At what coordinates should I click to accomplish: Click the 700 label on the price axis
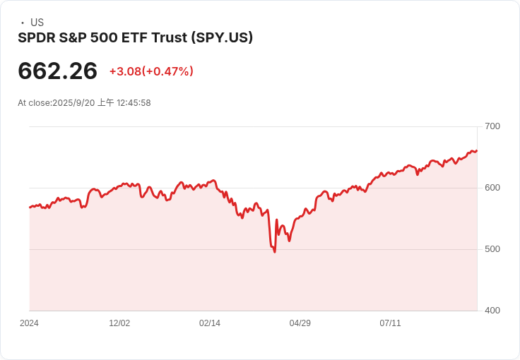pyautogui.click(x=492, y=126)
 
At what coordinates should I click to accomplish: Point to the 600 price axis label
pyautogui.click(x=492, y=188)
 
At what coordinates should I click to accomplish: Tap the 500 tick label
pyautogui.click(x=492, y=249)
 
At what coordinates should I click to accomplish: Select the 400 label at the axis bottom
pyautogui.click(x=492, y=311)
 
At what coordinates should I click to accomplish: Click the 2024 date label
pyautogui.click(x=29, y=323)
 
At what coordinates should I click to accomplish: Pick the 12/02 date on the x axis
pyautogui.click(x=119, y=323)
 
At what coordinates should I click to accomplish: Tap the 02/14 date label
pyautogui.click(x=210, y=323)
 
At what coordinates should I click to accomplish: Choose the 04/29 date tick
pyautogui.click(x=300, y=323)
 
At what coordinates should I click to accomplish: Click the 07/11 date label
pyautogui.click(x=391, y=323)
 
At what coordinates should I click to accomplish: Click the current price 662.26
pyautogui.click(x=58, y=71)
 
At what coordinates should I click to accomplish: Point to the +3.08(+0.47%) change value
pyautogui.click(x=151, y=71)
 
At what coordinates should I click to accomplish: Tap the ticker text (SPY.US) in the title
pyautogui.click(x=222, y=37)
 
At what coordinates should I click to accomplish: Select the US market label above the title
pyautogui.click(x=37, y=23)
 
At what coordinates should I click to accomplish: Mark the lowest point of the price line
pyautogui.click(x=274, y=252)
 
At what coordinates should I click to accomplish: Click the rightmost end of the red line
pyautogui.click(x=477, y=150)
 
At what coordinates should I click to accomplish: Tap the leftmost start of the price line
pyautogui.click(x=30, y=208)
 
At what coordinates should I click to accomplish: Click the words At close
pyautogui.click(x=33, y=103)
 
